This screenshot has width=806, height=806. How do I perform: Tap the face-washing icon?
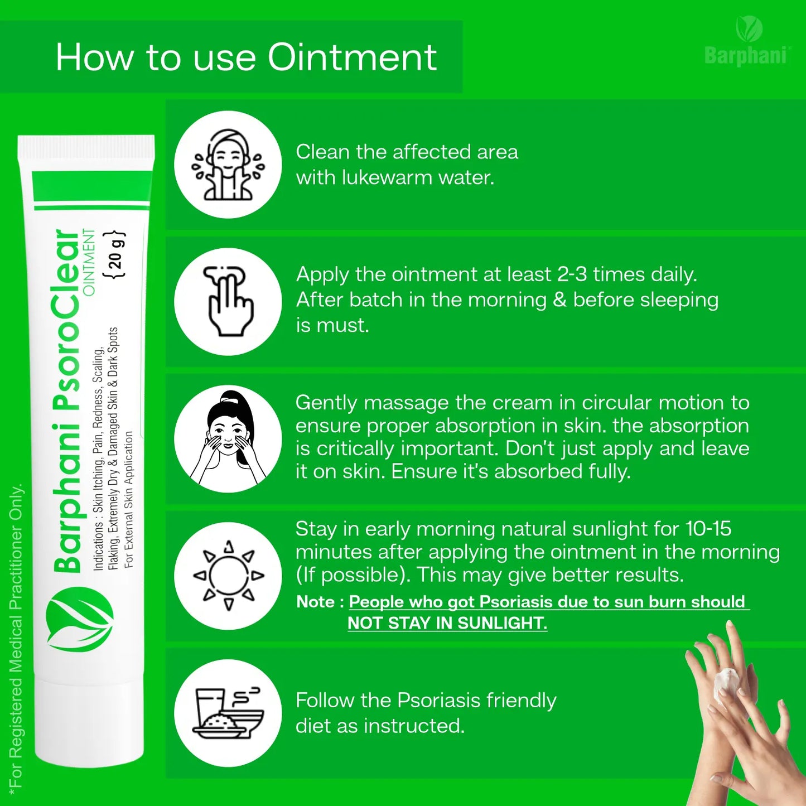coord(228,165)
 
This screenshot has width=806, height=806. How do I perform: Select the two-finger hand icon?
coord(228,301)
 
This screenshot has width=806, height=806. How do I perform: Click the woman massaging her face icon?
coord(228,438)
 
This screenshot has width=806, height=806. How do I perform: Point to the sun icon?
coord(228,576)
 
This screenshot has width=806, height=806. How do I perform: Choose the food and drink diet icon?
coord(228,713)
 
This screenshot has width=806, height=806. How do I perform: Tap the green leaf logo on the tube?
coord(79,619)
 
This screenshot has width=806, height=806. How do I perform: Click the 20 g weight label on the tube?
coord(114,254)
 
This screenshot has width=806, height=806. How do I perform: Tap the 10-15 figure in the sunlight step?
coord(708,529)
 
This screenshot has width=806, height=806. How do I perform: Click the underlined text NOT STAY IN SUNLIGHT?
coord(447,623)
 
